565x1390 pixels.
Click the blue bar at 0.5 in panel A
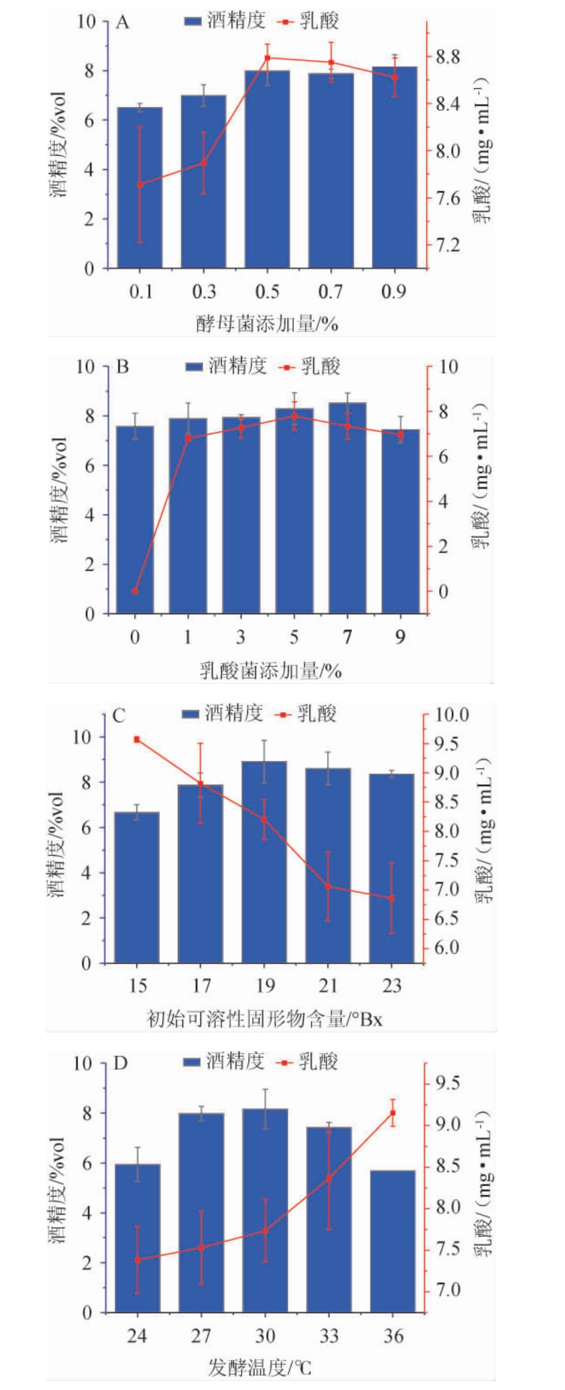[267, 169]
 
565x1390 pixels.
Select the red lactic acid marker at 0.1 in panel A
[140, 184]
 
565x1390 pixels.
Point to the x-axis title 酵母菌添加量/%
[267, 324]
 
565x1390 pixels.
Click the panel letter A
[122, 23]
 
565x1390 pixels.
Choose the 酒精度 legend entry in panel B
[226, 366]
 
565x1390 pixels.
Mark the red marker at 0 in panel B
[135, 591]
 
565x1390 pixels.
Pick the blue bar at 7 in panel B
[347, 508]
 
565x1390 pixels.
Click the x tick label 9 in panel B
[400, 637]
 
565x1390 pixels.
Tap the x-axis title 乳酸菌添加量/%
[270, 670]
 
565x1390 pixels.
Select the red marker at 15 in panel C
[137, 739]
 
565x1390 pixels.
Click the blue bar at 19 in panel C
[264, 862]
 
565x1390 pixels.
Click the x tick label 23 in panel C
[391, 986]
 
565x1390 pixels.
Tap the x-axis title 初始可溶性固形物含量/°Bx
[264, 1019]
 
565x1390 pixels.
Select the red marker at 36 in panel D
[393, 1113]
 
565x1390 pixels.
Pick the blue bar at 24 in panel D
[137, 1238]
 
